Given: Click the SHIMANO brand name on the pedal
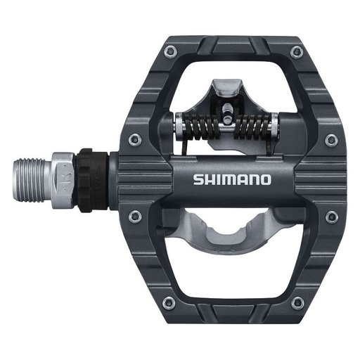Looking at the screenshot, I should pyautogui.click(x=232, y=179).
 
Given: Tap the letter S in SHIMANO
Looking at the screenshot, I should pyautogui.click(x=198, y=179).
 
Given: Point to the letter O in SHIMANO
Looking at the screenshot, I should pyautogui.click(x=264, y=179).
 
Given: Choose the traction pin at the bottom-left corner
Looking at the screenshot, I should pyautogui.click(x=168, y=302).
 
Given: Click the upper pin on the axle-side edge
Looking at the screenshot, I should pyautogui.click(x=135, y=140).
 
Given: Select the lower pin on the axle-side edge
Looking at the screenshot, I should pyautogui.click(x=135, y=216).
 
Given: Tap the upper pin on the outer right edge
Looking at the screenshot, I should pyautogui.click(x=330, y=140).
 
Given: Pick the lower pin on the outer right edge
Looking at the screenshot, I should pyautogui.click(x=330, y=216).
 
